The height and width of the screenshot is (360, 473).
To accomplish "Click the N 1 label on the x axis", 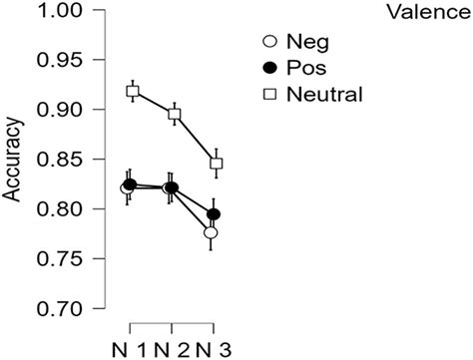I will click(132, 348).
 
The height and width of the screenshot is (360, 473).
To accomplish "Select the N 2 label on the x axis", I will click(174, 348).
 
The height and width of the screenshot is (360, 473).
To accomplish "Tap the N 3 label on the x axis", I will click(216, 348).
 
